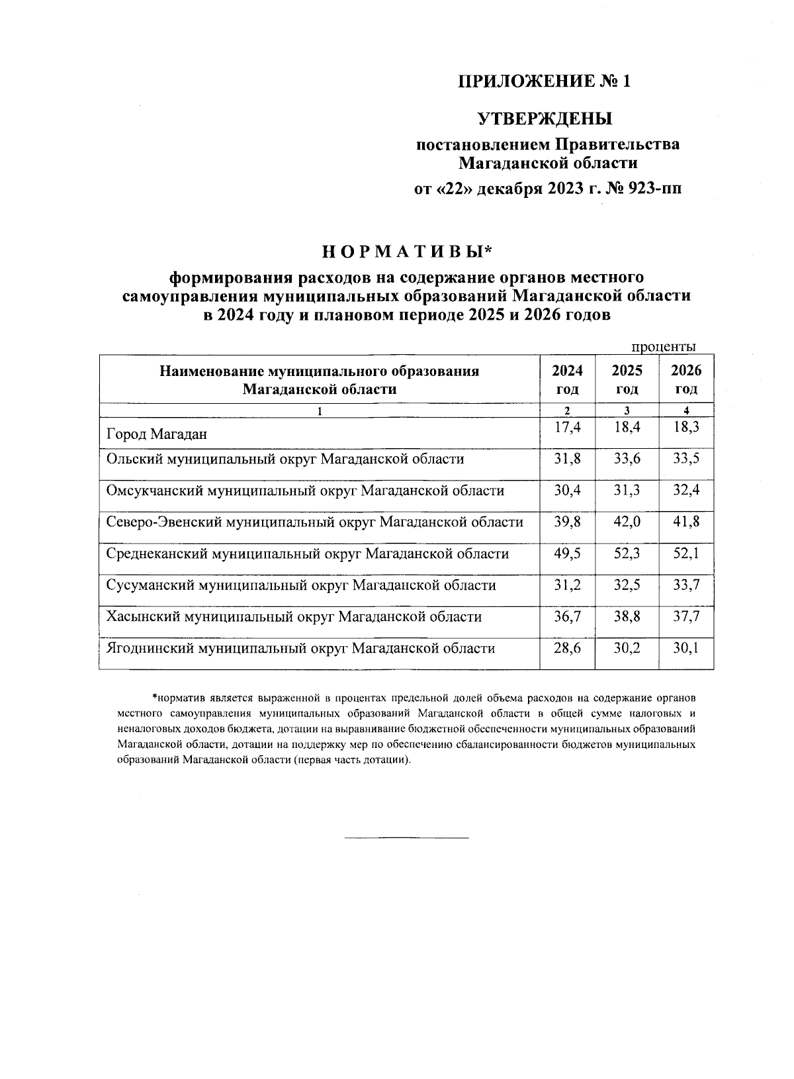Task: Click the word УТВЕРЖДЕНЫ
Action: pyautogui.click(x=545, y=119)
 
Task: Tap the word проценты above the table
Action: pyautogui.click(x=662, y=347)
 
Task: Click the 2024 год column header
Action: pyautogui.click(x=567, y=379)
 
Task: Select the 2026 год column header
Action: pyautogui.click(x=686, y=379)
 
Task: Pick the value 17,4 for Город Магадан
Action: pyautogui.click(x=567, y=428)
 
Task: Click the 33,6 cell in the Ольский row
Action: pyautogui.click(x=626, y=459)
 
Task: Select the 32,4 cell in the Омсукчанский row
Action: pyautogui.click(x=686, y=491)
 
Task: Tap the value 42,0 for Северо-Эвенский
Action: pyautogui.click(x=626, y=522)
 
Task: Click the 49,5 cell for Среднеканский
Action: pyautogui.click(x=567, y=553)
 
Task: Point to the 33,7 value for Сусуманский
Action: pyautogui.click(x=686, y=585)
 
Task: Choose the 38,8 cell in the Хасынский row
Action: pyautogui.click(x=626, y=616)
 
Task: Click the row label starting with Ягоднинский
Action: pyautogui.click(x=300, y=648)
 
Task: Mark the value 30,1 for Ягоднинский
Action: pyautogui.click(x=686, y=648)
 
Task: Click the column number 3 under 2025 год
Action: pyautogui.click(x=626, y=410)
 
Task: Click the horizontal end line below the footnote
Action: pyautogui.click(x=406, y=839)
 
